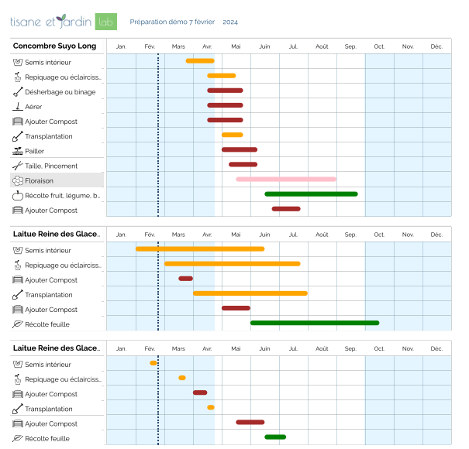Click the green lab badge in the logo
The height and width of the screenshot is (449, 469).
(x=106, y=22)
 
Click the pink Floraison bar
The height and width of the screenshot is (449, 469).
(x=286, y=179)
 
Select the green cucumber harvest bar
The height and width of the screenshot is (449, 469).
(x=311, y=194)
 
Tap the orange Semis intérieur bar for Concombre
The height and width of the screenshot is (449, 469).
(x=200, y=60)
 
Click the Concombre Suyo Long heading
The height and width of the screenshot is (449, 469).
(x=55, y=46)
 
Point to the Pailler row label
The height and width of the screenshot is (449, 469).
(x=35, y=151)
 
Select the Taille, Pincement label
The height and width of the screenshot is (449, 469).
(x=51, y=166)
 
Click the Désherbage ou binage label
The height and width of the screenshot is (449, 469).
(x=60, y=91)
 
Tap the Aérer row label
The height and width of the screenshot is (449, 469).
(x=34, y=107)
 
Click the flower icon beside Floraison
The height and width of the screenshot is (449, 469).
(x=18, y=180)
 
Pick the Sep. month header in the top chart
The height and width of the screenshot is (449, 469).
(x=350, y=46)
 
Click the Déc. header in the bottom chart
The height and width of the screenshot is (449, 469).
(x=436, y=348)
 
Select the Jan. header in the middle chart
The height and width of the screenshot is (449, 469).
(x=121, y=234)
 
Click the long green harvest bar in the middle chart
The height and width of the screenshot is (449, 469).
(x=315, y=323)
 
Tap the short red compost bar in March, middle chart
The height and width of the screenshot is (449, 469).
(x=185, y=278)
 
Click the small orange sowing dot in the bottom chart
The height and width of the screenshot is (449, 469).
(x=153, y=363)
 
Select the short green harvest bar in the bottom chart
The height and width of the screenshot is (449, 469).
(x=275, y=437)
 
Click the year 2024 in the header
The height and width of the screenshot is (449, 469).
(x=230, y=22)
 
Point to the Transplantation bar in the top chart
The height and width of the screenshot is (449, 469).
(x=233, y=135)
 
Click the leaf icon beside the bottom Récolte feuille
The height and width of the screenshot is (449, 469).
(x=18, y=438)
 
